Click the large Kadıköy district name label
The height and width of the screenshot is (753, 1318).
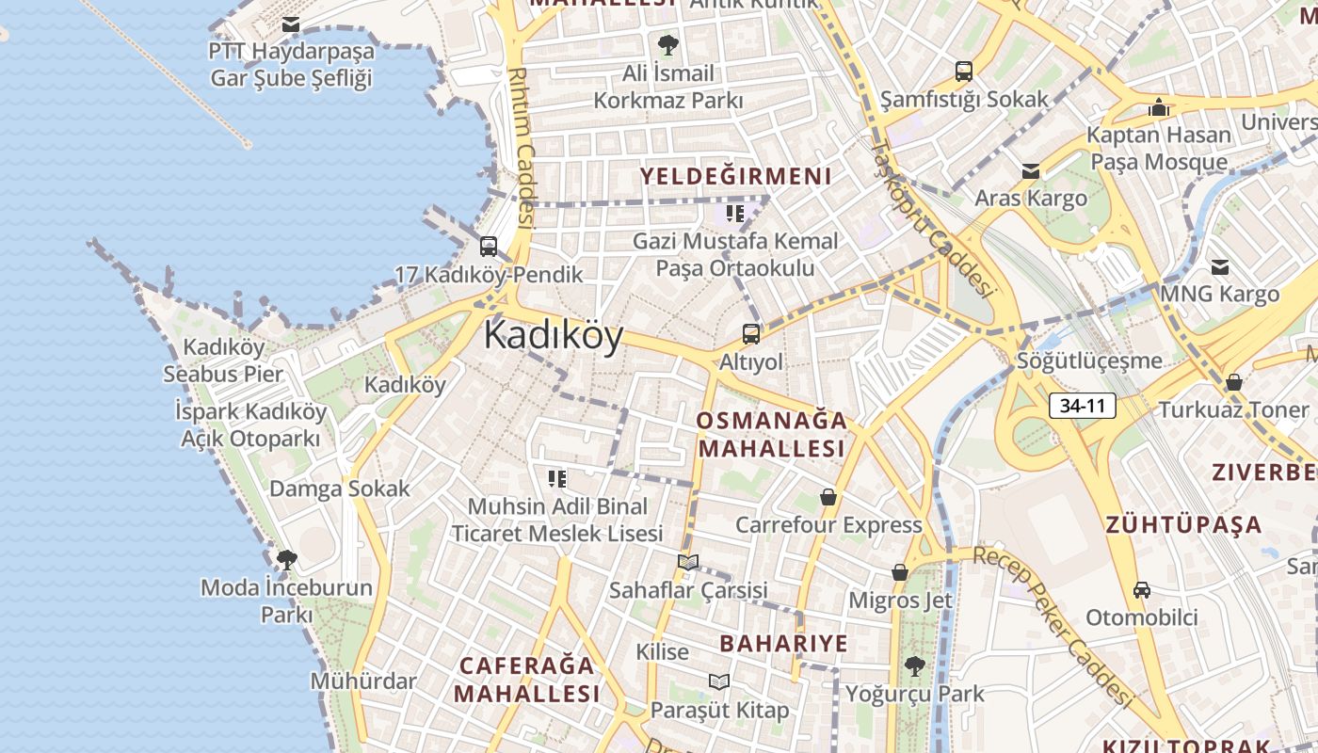click(554, 336)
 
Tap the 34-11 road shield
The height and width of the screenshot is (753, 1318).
click(1082, 407)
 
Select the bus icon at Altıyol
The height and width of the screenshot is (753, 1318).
click(750, 334)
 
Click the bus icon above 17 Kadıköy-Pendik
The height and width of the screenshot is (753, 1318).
click(488, 247)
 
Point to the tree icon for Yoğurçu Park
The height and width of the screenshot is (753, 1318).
click(913, 666)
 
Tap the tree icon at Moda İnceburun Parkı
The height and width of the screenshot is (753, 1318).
click(287, 560)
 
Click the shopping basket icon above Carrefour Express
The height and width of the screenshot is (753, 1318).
click(828, 497)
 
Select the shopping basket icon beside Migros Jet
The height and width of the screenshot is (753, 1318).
click(900, 572)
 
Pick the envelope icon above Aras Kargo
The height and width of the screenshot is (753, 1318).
click(1031, 171)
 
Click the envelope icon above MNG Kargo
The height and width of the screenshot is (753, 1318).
click(1220, 267)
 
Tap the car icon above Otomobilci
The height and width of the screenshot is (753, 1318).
click(1142, 590)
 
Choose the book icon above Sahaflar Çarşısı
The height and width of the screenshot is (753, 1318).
click(688, 562)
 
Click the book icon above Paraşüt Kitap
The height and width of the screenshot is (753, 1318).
click(719, 681)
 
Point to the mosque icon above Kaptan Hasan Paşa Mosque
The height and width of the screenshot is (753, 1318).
click(1159, 107)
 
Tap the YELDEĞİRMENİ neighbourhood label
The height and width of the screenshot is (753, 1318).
click(735, 176)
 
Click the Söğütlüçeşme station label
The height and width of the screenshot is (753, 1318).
click(1089, 360)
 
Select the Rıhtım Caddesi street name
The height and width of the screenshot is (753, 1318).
click(521, 146)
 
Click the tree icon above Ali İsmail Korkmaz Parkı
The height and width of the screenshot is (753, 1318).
click(668, 44)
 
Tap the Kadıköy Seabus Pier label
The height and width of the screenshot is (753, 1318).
click(223, 360)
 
